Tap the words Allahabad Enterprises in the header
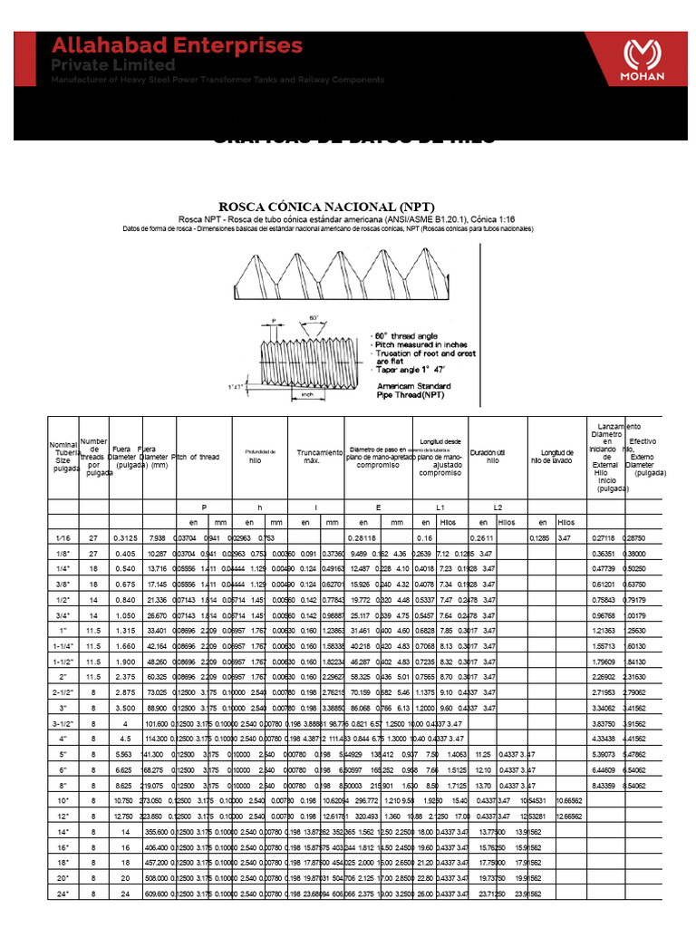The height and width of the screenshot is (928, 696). tap(176, 45)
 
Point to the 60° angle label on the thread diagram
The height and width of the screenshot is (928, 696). tap(314, 319)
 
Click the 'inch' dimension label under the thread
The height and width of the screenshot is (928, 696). tap(307, 394)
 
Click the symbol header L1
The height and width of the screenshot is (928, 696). tap(440, 507)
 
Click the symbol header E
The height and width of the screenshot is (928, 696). tap(378, 507)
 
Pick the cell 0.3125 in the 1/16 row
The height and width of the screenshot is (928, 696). tap(124, 538)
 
